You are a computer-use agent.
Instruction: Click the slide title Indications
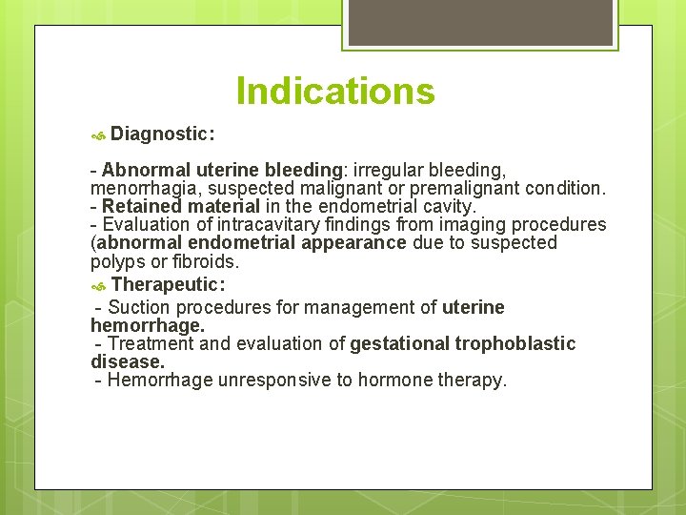pyautogui.click(x=335, y=92)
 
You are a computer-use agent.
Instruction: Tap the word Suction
pyautogui.click(x=140, y=307)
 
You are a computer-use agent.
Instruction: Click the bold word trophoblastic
pyautogui.click(x=515, y=344)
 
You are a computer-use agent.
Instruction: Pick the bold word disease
pyautogui.click(x=127, y=362)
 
